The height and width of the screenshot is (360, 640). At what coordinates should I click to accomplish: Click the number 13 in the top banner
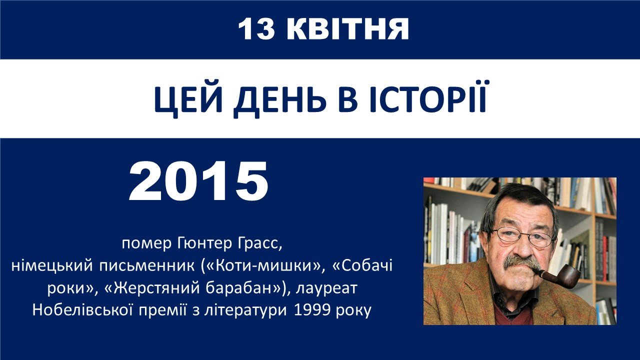click(256, 29)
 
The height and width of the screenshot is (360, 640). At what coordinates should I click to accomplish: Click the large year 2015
click(198, 181)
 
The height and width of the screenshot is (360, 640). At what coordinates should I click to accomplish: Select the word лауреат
click(326, 288)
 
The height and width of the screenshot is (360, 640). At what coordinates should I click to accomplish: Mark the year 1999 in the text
click(311, 310)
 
